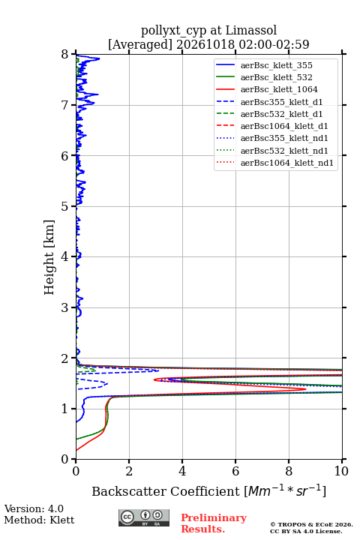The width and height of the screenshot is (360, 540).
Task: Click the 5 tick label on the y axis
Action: point(64,207)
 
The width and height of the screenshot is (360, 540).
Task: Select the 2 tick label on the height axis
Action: point(64,358)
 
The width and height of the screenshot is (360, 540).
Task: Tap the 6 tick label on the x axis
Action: point(235,471)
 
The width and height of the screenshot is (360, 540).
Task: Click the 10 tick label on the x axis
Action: point(341,471)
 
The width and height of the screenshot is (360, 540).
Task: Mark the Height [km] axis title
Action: point(49,257)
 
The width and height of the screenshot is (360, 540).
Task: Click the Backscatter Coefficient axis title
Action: point(208,491)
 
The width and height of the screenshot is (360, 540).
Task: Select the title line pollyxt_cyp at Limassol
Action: point(208,31)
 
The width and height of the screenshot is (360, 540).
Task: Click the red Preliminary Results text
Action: point(214,523)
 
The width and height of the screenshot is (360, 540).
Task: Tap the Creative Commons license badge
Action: point(144,518)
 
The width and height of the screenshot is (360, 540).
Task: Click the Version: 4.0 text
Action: point(34,508)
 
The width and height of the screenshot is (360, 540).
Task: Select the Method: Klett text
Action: point(39,520)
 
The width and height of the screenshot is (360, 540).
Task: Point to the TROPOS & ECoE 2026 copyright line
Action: point(311,524)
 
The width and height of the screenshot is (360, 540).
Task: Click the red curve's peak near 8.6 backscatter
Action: point(305,389)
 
